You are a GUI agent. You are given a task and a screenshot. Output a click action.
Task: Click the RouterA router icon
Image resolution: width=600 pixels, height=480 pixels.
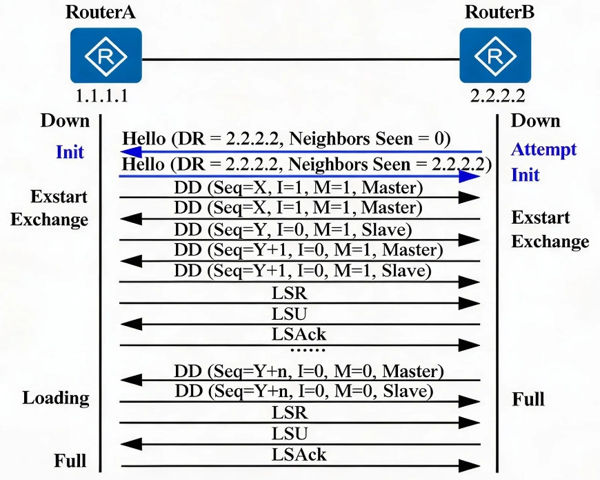click(106, 55)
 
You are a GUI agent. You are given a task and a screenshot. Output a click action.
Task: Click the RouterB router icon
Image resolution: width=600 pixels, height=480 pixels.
click(495, 55)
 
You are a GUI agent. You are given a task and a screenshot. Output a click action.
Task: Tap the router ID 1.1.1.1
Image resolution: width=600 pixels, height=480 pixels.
click(102, 95)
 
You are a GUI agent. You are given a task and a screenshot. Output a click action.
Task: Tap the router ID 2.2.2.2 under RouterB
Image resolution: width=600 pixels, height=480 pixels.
click(497, 95)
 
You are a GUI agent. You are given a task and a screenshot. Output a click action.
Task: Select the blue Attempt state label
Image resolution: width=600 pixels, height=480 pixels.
click(543, 149)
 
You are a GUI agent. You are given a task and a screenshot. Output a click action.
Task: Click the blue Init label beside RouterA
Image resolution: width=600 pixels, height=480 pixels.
click(70, 152)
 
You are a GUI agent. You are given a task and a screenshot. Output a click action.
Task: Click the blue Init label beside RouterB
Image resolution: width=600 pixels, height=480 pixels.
click(526, 175)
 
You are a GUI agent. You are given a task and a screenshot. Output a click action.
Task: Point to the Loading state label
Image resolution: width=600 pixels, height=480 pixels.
click(56, 399)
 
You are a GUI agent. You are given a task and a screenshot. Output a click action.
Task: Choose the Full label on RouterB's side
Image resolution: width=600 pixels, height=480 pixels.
click(528, 399)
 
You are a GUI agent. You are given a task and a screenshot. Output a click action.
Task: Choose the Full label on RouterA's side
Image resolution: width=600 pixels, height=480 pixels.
click(70, 461)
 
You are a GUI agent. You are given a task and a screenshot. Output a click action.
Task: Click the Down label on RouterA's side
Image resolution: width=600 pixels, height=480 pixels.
click(65, 121)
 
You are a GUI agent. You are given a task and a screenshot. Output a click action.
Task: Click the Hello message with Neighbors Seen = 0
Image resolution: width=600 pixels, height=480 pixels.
click(286, 139)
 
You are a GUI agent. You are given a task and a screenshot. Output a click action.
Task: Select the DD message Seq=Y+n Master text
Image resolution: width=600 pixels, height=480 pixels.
click(309, 371)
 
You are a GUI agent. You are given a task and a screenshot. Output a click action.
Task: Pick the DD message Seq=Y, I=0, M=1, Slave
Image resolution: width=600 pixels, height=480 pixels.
click(293, 229)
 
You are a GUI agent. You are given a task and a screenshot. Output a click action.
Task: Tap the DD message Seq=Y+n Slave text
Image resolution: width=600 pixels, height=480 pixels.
click(304, 391)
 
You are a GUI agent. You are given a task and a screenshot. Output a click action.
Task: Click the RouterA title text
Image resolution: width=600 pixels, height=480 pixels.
click(100, 12)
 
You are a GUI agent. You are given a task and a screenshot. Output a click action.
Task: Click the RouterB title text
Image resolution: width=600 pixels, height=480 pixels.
click(499, 12)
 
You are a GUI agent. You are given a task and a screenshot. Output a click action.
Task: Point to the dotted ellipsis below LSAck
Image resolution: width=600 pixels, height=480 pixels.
click(308, 349)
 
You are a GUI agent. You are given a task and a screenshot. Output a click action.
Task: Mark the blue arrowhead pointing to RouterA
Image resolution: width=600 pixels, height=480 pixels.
click(131, 152)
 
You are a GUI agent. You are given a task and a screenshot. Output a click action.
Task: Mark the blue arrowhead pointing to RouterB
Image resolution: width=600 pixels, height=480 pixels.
click(469, 176)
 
